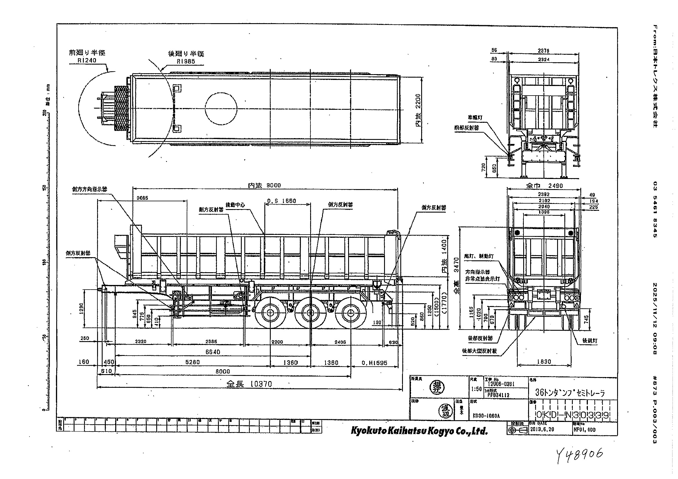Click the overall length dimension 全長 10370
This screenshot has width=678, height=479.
tap(249, 384)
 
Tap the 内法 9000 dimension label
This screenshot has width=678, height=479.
tap(264, 186)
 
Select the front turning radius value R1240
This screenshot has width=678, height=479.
tap(87, 61)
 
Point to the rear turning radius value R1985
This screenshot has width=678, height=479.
tap(186, 61)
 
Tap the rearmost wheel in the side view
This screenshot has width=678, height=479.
tap(350, 313)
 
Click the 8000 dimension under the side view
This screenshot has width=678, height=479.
tap(223, 372)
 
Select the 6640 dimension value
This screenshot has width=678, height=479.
tap(212, 352)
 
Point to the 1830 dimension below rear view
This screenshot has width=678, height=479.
tap(544, 362)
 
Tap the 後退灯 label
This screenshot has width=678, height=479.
tap(589, 341)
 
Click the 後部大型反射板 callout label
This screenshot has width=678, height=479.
tap(479, 351)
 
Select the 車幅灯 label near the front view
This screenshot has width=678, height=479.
tap(475, 117)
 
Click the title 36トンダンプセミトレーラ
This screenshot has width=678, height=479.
tap(570, 393)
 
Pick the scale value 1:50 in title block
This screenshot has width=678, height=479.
tap(476, 389)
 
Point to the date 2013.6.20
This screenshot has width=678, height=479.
tap(542, 429)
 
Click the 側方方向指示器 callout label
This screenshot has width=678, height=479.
tap(90, 189)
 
